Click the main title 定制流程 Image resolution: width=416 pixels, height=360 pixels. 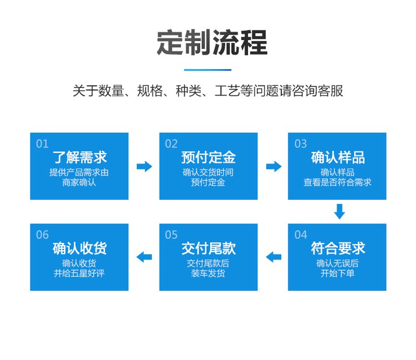(212, 43)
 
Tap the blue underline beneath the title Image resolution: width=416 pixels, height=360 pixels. (208, 70)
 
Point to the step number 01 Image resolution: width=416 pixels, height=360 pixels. (42, 144)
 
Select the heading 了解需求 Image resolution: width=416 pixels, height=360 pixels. (79, 157)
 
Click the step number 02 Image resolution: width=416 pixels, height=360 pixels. (171, 144)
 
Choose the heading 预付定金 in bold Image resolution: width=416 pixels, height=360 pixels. (209, 157)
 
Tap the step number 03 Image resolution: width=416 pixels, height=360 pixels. (301, 144)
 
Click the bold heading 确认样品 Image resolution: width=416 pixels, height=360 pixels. (338, 157)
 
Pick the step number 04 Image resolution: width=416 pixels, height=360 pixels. (301, 235)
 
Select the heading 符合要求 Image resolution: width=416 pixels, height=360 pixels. (338, 249)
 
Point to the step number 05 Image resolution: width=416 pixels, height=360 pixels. (171, 235)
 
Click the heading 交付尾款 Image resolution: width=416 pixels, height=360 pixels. (209, 249)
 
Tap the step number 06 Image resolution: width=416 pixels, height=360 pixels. (42, 235)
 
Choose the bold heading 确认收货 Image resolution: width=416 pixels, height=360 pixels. (79, 249)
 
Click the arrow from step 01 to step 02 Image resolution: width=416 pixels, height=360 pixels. (144, 166)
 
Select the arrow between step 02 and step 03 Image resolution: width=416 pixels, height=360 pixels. (274, 166)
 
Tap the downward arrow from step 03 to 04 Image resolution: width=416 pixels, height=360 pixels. (339, 211)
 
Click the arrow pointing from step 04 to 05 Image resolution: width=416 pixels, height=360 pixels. (273, 257)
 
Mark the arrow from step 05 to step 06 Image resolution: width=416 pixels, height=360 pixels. (144, 257)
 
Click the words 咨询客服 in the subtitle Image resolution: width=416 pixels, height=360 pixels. (317, 91)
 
